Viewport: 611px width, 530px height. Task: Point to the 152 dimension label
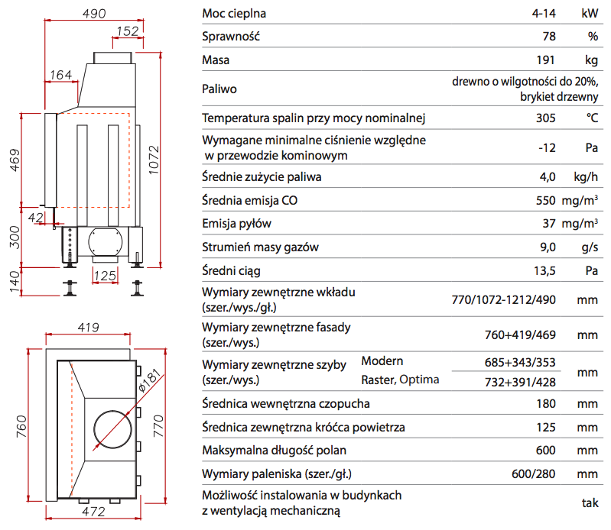(x=128, y=31)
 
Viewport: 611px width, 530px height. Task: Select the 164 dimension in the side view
(x=60, y=75)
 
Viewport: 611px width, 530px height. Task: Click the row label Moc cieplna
(x=235, y=13)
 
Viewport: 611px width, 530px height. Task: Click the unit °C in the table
(x=591, y=118)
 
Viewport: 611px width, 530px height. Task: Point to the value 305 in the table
(x=545, y=118)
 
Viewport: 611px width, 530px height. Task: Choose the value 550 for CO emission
(x=545, y=201)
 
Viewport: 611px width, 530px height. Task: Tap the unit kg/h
(x=586, y=177)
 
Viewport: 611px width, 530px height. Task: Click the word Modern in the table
(x=382, y=360)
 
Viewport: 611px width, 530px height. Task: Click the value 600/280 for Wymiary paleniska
(x=533, y=473)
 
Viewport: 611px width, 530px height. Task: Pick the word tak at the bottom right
(x=589, y=503)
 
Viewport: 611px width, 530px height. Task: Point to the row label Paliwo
(x=219, y=89)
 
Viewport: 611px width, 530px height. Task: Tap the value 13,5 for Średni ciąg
(x=543, y=270)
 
